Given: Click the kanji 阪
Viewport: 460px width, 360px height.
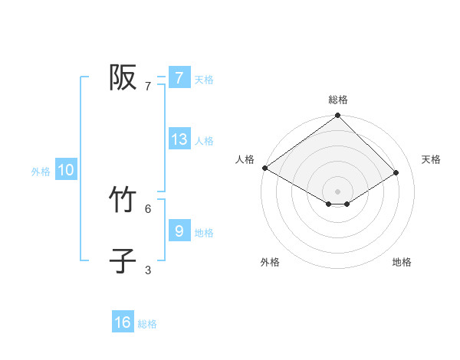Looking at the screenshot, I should pos(123,77).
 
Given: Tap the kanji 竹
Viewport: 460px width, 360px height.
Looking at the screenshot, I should pos(123,200).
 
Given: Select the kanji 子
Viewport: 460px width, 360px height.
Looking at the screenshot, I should pos(123,260).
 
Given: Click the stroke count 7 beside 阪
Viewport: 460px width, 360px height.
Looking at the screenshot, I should pos(148,87).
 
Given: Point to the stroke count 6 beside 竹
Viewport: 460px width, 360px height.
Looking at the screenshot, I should pos(148,208).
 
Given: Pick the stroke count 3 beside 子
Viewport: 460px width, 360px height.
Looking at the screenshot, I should pos(148,270).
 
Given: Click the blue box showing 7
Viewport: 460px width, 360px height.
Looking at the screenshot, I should pos(179,78).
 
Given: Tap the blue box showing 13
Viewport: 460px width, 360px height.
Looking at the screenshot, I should pos(179,139).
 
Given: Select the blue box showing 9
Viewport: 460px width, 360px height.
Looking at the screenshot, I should pos(179,231).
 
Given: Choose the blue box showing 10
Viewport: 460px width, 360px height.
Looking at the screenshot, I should pos(66,170).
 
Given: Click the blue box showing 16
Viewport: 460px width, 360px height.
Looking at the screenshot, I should pos(123,322).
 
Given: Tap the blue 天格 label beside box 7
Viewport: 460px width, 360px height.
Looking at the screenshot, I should pos(203,79).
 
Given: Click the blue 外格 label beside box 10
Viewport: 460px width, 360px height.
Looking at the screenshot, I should pos(41,172).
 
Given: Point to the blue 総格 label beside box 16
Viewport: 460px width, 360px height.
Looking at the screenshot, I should pos(147,324).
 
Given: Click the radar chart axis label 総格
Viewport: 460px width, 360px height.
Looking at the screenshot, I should pos(338,100).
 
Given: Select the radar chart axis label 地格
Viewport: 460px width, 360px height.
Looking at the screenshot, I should pos(402,263).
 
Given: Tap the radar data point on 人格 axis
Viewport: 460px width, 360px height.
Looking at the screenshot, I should pos(264,168).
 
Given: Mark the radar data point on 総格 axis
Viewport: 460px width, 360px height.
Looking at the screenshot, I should pos(338,116).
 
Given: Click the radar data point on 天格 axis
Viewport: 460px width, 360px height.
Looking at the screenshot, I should pos(396,172).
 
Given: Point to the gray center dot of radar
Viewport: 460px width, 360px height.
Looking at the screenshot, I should pos(338,191).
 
